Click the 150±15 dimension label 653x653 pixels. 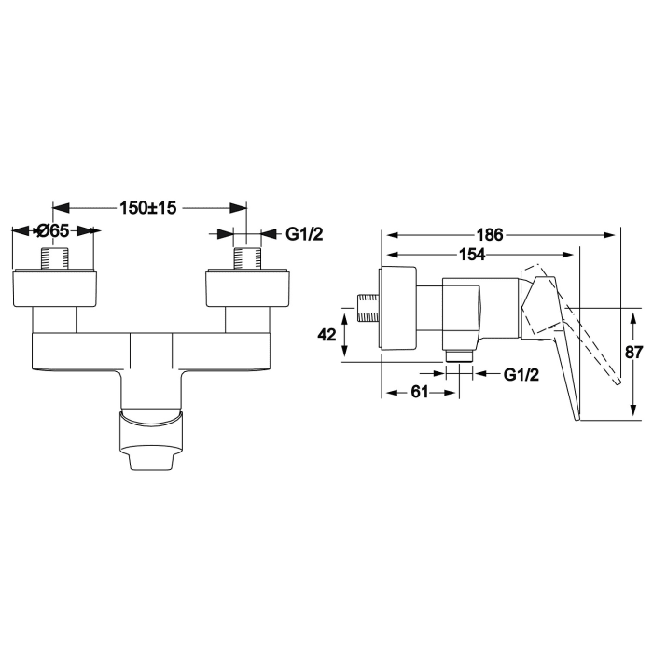click(148, 208)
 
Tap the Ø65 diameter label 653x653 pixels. click(53, 231)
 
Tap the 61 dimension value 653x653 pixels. click(420, 393)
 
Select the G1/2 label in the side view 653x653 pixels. click(521, 374)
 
